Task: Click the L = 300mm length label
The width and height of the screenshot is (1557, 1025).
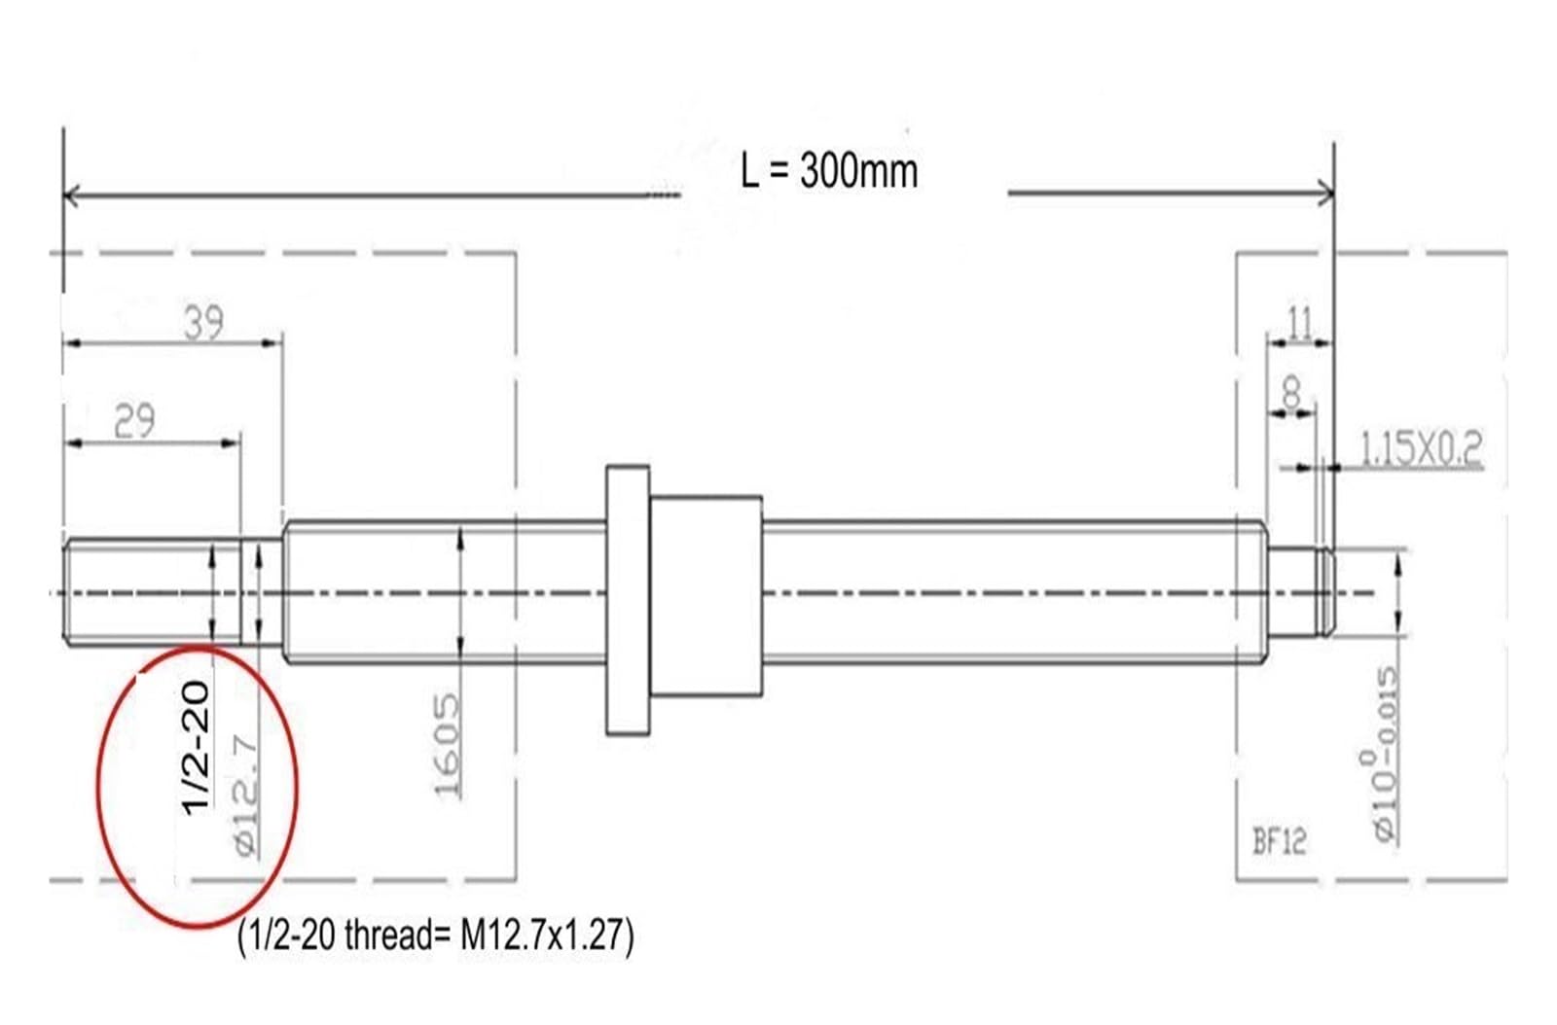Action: [x=828, y=171]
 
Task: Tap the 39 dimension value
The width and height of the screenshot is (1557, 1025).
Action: [x=203, y=322]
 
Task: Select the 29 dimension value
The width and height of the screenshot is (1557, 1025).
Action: [x=134, y=421]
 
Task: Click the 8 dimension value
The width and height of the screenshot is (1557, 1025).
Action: [x=1291, y=393]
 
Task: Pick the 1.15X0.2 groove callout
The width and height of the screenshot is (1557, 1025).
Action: [x=1420, y=448]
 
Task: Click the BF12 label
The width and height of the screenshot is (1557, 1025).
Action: [x=1279, y=840]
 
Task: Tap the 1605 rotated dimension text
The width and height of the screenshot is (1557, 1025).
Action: [x=447, y=745]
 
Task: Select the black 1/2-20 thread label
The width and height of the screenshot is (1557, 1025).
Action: [x=196, y=747]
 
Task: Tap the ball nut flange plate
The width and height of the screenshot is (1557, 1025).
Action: [x=628, y=599]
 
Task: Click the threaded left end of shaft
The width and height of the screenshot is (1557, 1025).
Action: [x=146, y=593]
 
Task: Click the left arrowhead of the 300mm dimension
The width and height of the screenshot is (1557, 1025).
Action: [x=69, y=194]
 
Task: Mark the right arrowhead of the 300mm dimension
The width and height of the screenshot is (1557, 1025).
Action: [x=1327, y=193]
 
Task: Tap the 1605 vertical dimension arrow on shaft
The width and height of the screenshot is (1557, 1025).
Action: [x=460, y=593]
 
